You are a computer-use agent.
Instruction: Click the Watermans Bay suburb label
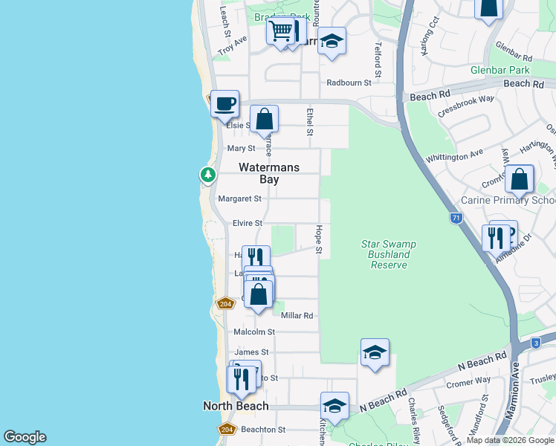[x=269, y=174]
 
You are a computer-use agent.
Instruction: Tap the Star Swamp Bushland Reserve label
[x=388, y=254]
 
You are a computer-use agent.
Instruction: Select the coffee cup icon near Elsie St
[x=224, y=104]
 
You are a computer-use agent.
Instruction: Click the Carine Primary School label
[x=508, y=200]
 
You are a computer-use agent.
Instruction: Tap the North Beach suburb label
[x=236, y=406]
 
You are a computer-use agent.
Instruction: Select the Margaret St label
[x=239, y=198]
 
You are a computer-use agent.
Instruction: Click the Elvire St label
[x=248, y=223]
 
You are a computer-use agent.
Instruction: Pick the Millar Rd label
[x=297, y=316]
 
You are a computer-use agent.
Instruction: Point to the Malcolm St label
[x=255, y=332]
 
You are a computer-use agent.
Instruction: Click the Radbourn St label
[x=349, y=83]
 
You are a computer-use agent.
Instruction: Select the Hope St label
[x=318, y=239]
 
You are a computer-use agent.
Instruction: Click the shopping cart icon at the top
[x=281, y=32]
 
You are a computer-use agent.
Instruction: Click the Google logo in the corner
[x=25, y=437]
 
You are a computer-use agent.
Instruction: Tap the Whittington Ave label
[x=454, y=157]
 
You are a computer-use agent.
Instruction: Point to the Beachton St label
[x=263, y=430]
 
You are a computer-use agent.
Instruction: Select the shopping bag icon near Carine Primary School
[x=520, y=179]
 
